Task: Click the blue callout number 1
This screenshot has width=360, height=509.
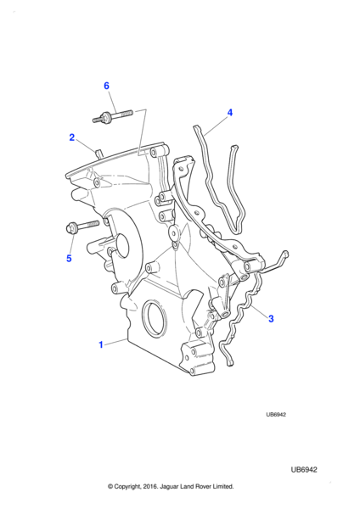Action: click(x=101, y=344)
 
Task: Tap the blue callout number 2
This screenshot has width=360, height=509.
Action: click(x=72, y=137)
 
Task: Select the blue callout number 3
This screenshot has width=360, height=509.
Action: click(x=271, y=318)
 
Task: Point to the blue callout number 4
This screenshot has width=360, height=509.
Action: click(x=230, y=113)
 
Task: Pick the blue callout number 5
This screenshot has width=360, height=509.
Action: click(x=69, y=259)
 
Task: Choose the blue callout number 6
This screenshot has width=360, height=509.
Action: click(x=106, y=86)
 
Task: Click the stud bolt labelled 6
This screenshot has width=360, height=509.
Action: click(x=113, y=116)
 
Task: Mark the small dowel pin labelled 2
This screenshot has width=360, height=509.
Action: click(x=98, y=154)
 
